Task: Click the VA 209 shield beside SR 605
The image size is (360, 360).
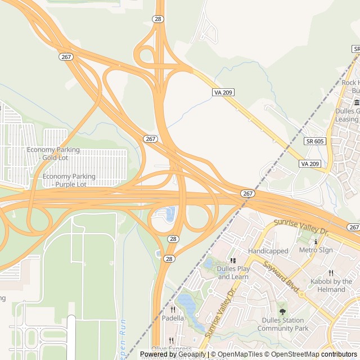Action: [x=310, y=164]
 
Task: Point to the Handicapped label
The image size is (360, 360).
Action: [x=268, y=251]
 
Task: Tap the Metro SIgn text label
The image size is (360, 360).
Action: [x=316, y=250]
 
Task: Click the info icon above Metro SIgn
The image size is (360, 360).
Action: [x=316, y=241]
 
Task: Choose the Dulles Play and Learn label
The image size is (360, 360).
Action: [x=233, y=273]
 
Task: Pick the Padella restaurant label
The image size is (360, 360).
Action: [x=173, y=318]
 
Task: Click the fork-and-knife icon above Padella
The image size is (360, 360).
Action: [x=173, y=309]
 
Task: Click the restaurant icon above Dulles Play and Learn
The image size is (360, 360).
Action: [x=232, y=260]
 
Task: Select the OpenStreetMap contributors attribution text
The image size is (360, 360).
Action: [x=313, y=354]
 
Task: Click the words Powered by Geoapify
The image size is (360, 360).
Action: [x=173, y=354]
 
